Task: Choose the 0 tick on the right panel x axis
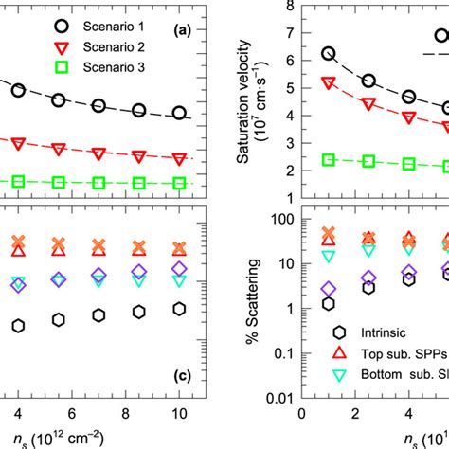click(301, 413)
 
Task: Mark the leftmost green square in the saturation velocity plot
click(329, 159)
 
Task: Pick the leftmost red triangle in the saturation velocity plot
click(329, 83)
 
